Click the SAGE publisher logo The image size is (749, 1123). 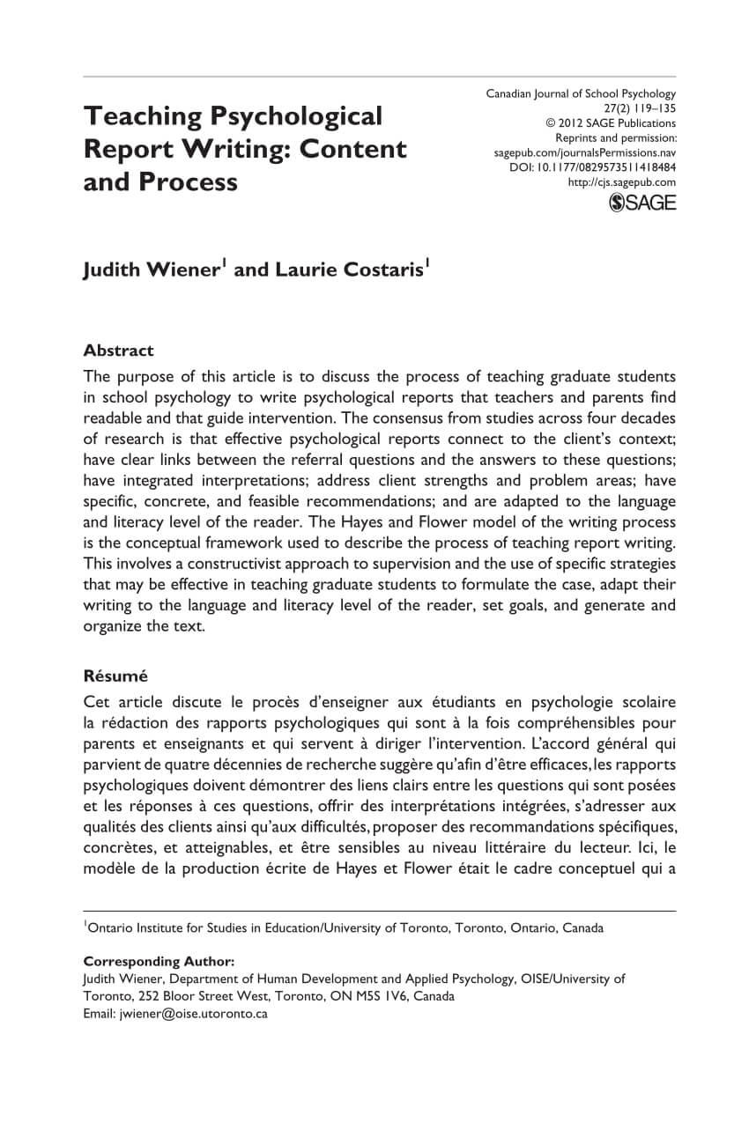coord(642,203)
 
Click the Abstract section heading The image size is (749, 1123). coord(118,351)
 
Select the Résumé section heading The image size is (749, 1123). coord(115,676)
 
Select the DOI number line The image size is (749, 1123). coord(593,166)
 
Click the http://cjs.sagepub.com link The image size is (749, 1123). coord(622,182)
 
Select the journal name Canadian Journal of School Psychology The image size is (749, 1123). coord(581,93)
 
